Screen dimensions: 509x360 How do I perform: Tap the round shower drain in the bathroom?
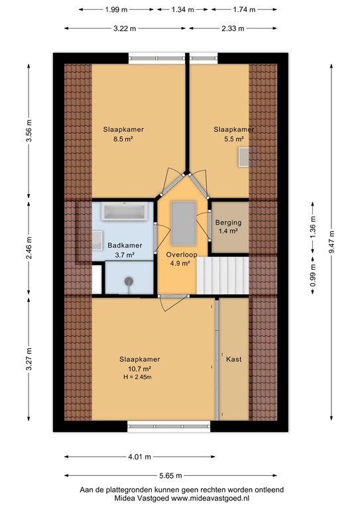click(x=128, y=281)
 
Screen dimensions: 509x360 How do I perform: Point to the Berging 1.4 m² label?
click(x=227, y=227)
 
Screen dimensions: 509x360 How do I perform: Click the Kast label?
click(x=233, y=359)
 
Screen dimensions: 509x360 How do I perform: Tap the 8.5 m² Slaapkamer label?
click(x=123, y=135)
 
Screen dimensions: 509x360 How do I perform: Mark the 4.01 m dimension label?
click(x=139, y=457)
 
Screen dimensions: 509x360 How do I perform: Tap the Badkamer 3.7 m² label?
click(x=121, y=249)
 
